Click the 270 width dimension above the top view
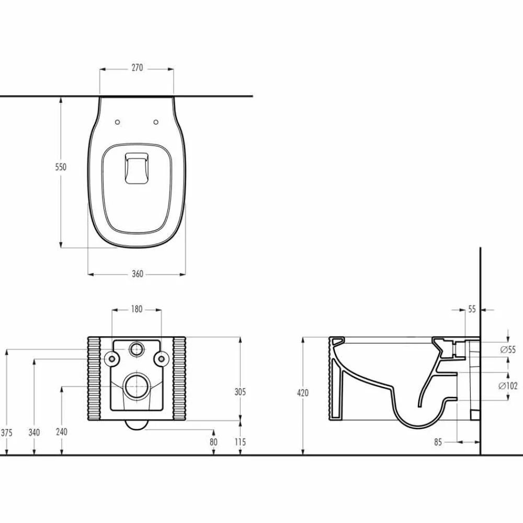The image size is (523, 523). [137, 68]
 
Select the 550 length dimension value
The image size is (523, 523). [61, 167]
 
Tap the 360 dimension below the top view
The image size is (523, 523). [137, 274]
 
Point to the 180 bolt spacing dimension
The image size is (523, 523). [137, 309]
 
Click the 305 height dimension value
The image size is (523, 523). [240, 392]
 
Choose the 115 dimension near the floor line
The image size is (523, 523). [240, 442]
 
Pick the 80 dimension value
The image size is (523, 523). [213, 442]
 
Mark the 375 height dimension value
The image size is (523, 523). [7, 432]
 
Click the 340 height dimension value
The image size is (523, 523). [34, 432]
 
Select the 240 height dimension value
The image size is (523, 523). [62, 432]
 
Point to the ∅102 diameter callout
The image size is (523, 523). [508, 386]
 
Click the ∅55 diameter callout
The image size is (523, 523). [508, 349]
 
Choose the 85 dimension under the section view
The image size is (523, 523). [438, 442]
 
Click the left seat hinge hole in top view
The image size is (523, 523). [117, 122]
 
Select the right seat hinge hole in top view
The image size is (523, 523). [156, 122]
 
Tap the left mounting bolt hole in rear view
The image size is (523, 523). [111, 358]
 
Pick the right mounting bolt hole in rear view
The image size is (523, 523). [162, 358]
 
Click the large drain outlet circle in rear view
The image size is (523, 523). [137, 388]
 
